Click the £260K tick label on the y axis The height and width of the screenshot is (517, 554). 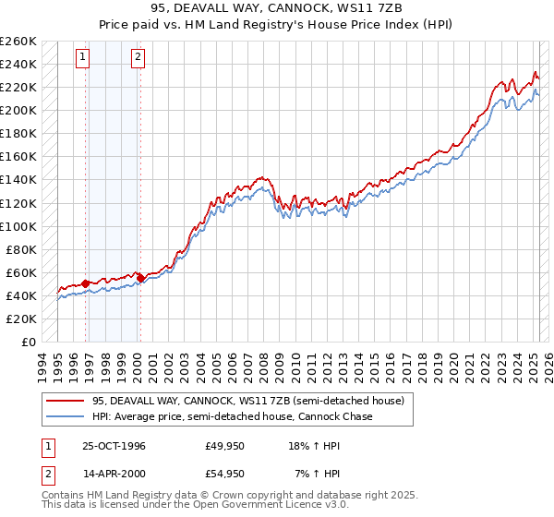[x=18, y=42]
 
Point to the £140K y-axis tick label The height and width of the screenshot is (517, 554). [x=18, y=180]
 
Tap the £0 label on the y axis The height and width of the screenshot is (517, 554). [x=30, y=343]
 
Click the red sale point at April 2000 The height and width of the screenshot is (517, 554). [x=140, y=277]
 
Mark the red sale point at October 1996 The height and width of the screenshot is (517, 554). [x=86, y=283]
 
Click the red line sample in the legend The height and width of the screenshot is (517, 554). [x=66, y=402]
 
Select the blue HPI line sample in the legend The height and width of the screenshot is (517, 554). [x=66, y=417]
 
